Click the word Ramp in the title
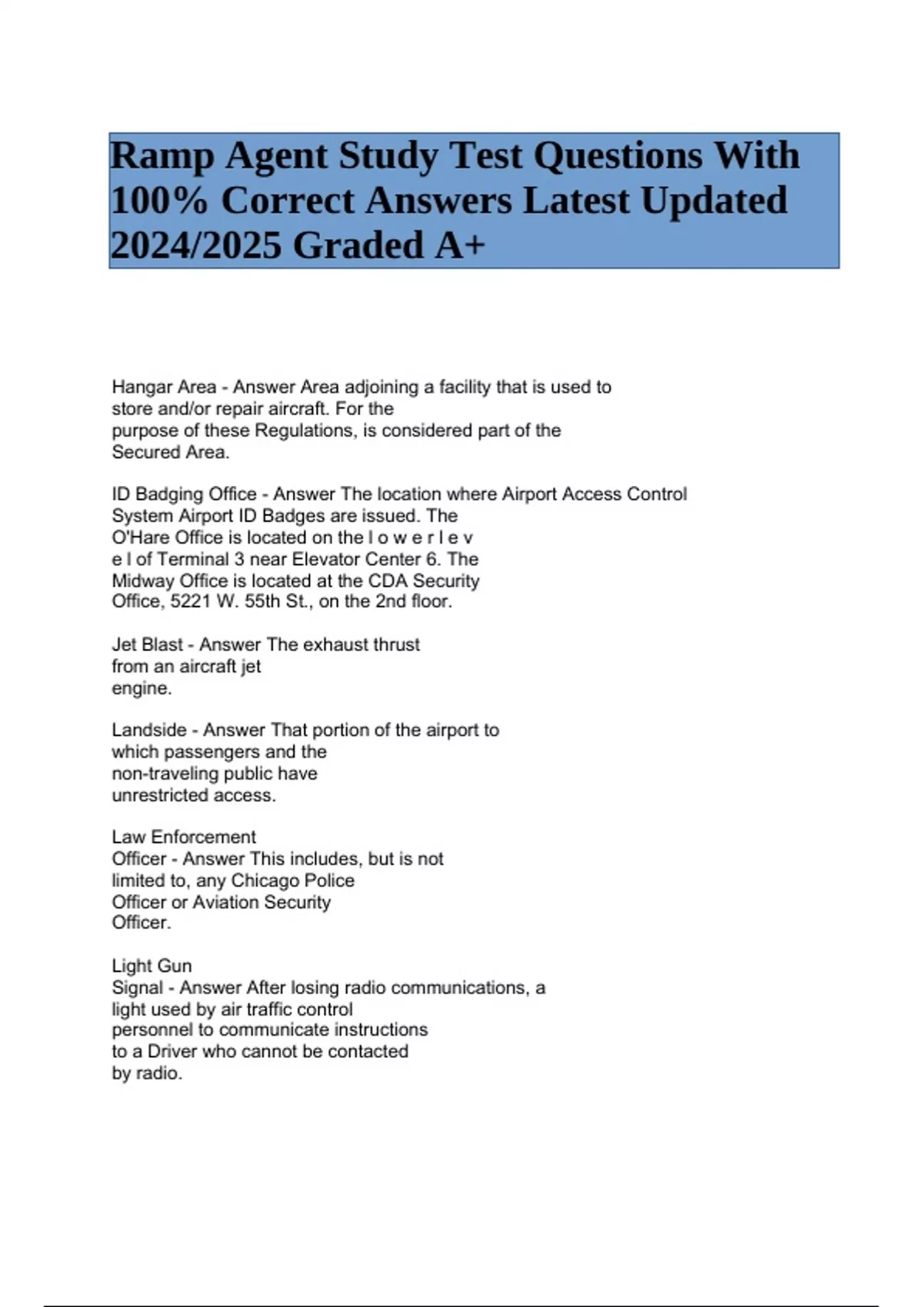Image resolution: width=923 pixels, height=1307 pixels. point(162,157)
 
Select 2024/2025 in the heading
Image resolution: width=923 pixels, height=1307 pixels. point(196,246)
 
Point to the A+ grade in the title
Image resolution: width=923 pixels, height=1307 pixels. point(460,246)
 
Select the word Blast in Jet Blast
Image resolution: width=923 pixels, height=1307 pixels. point(162,644)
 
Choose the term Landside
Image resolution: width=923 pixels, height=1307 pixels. point(149,730)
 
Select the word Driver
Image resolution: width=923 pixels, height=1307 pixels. point(172,1051)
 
